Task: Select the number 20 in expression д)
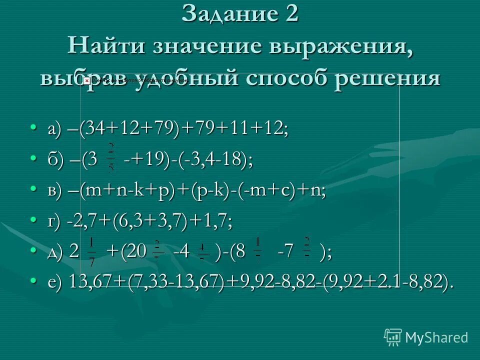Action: click(137, 251)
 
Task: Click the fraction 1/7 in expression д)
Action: click(91, 251)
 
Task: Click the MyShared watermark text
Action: click(436, 337)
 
